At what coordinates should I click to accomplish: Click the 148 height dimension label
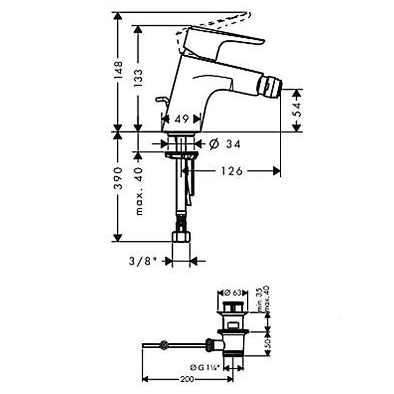coord(118,70)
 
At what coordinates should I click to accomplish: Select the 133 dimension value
coord(138,78)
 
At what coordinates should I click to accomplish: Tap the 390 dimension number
coord(118,178)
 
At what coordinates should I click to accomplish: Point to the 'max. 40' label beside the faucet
coord(139,192)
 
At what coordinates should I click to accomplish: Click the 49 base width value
coord(181,119)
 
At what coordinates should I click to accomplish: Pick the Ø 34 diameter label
coord(225,144)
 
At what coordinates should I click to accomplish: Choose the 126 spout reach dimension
coord(231,171)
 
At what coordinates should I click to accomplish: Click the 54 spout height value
coord(297,109)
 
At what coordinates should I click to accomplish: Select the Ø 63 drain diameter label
coord(233,293)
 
